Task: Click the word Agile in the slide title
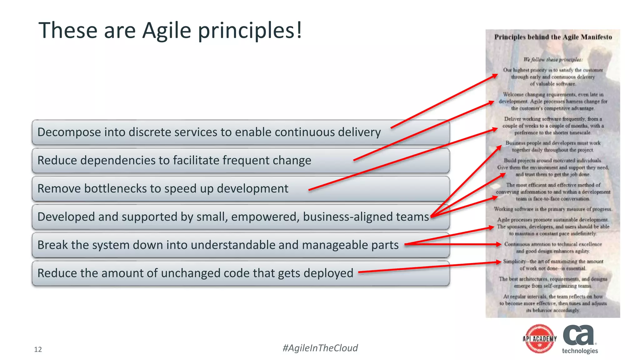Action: (166, 31)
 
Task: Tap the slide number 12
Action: (38, 349)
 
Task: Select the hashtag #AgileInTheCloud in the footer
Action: (320, 348)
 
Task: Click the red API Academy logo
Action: (540, 339)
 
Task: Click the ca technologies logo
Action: (580, 339)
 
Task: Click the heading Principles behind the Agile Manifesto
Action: (553, 37)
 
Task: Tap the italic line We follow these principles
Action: (553, 59)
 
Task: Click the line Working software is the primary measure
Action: (553, 209)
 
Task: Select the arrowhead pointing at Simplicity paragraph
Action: (499, 262)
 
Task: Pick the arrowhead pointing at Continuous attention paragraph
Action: (499, 244)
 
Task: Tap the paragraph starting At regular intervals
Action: (553, 303)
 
